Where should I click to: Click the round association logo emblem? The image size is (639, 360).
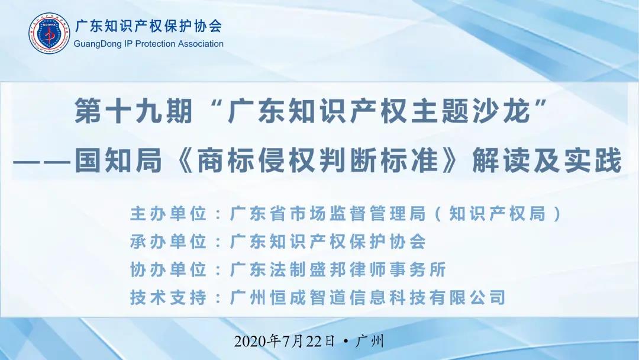click(49, 33)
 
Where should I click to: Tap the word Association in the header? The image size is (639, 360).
click(200, 44)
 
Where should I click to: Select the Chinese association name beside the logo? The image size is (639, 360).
click(149, 26)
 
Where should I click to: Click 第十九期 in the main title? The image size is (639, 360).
click(133, 111)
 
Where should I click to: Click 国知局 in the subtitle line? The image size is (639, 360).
click(118, 160)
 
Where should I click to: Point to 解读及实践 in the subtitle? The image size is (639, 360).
click(547, 160)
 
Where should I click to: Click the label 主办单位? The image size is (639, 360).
click(168, 214)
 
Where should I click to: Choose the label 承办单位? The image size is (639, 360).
click(168, 242)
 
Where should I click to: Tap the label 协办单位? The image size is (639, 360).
click(168, 269)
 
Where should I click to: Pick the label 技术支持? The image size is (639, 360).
click(168, 298)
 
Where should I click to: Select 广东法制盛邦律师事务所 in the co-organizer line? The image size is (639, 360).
click(338, 269)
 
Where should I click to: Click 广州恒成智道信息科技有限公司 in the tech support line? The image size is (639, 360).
click(368, 298)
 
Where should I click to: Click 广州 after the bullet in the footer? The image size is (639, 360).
click(370, 341)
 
